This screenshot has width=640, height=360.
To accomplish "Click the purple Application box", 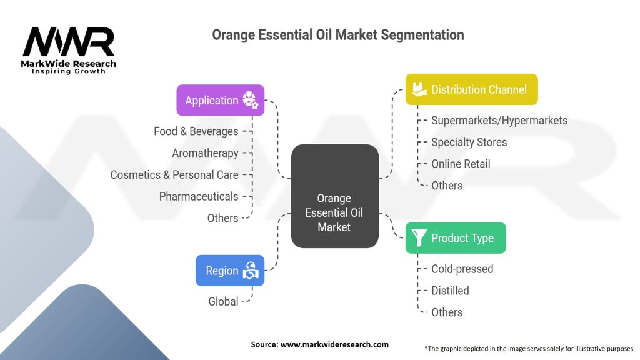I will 220,101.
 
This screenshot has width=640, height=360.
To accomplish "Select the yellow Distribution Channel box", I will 471,89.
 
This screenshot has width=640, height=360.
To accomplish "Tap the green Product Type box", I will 455,238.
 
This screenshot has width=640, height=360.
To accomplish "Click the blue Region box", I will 229,271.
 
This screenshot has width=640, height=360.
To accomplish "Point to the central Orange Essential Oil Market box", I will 334,212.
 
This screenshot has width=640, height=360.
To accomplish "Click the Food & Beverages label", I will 196,131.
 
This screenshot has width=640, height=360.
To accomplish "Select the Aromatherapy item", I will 205,153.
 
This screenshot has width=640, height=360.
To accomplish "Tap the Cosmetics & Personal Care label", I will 174,175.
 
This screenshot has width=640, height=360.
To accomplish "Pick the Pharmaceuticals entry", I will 198,196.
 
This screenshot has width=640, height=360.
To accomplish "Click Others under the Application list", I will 222,218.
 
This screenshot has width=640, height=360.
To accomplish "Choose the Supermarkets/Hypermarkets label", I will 499,120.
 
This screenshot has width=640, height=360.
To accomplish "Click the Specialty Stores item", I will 469,142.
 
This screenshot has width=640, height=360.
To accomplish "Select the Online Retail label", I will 461,164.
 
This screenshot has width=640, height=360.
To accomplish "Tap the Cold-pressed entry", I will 462,269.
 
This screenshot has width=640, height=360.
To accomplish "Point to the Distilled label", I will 450,291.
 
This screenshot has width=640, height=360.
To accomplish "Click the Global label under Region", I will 223,301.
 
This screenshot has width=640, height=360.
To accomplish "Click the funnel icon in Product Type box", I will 419,238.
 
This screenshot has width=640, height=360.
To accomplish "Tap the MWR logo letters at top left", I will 69,42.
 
